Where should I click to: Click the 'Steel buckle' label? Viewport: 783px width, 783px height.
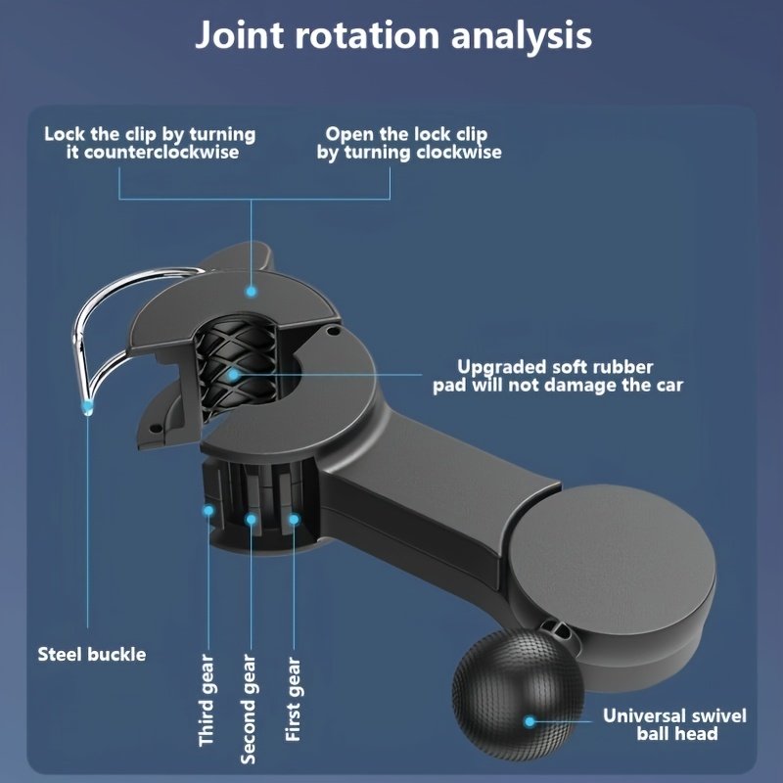pyautogui.click(x=91, y=654)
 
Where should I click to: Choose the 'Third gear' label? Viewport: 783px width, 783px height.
pyautogui.click(x=207, y=700)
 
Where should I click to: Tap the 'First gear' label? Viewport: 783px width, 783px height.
pyautogui.click(x=293, y=701)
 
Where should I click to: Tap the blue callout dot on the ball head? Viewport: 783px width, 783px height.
pyautogui.click(x=530, y=721)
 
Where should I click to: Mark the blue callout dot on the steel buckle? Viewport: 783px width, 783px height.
pyautogui.click(x=88, y=403)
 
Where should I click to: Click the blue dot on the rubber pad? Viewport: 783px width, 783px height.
pyautogui.click(x=234, y=374)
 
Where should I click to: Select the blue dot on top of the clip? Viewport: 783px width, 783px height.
pyautogui.click(x=251, y=291)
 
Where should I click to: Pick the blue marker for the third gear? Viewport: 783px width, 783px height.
pyautogui.click(x=208, y=509)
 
